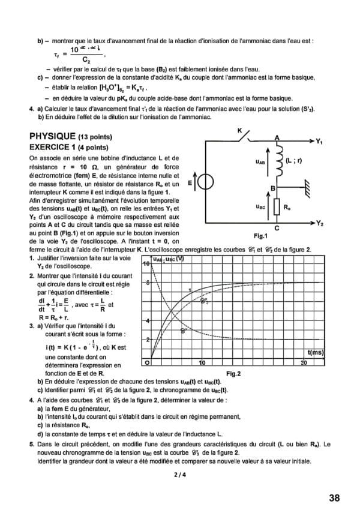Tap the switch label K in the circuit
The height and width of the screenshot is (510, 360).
(239, 130)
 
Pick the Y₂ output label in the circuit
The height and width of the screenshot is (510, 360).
(320, 223)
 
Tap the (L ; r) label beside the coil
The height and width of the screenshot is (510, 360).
(295, 160)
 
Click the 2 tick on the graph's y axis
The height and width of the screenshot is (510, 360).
(147, 340)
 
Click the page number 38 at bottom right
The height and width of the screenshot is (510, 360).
(334, 497)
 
